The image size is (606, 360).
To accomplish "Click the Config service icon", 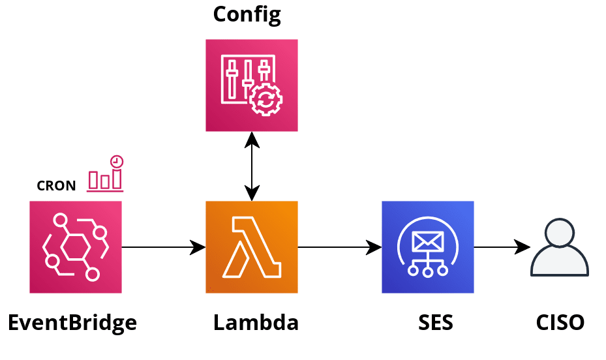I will tap(251, 85).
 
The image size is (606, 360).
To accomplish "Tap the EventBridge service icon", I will tap(76, 247).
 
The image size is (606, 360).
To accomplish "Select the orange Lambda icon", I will tap(251, 247).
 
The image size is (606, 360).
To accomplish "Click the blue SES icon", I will tap(427, 247).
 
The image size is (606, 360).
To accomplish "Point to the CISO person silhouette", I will tap(559, 248).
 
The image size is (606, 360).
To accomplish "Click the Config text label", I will tap(247, 14).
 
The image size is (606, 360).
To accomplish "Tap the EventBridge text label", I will tap(72, 322).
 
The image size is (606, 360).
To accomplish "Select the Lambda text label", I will tap(256, 322).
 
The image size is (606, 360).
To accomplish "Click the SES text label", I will tap(436, 322).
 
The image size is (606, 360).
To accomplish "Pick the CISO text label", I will tap(560, 322).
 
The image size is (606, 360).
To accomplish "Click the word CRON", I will tap(56, 186).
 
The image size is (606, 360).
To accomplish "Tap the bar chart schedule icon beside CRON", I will tap(106, 174).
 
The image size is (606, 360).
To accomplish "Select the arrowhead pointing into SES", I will tap(372, 248).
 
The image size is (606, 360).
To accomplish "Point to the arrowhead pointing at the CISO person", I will tap(521, 247).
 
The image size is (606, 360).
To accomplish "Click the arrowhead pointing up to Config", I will tap(252, 141).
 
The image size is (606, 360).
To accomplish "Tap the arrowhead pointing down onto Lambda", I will tap(252, 192).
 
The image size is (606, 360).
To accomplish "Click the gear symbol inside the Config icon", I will tap(266, 100).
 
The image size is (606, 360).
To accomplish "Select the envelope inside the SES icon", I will tap(428, 242).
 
